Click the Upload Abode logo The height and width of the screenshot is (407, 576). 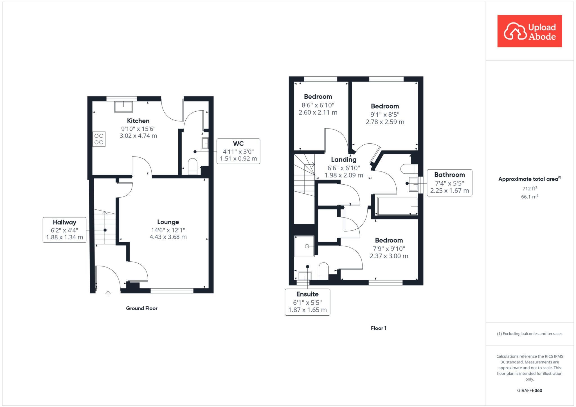pos(529,31)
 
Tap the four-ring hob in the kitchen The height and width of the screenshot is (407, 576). pos(99,139)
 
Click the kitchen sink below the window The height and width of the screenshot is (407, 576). pos(123,107)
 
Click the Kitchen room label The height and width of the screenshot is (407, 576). pos(138,121)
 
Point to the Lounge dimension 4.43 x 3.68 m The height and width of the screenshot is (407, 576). pos(168,237)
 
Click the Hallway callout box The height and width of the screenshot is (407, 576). pos(64,230)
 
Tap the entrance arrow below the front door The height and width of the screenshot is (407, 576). pos(108,294)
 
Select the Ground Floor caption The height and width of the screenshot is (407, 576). pos(141,308)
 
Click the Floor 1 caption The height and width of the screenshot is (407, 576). pos(379,328)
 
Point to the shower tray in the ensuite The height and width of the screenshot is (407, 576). pos(304,246)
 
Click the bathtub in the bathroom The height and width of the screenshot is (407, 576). pos(397,206)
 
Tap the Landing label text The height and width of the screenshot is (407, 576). pos(343,160)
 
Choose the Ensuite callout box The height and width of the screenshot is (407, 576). pos(307,302)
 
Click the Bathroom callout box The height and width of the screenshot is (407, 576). pos(449,183)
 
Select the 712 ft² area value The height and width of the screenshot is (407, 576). pos(529,189)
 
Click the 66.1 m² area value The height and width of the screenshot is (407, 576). pos(529,197)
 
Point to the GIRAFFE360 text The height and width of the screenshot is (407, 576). pos(529,390)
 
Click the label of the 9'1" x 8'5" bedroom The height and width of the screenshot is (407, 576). pos(385,106)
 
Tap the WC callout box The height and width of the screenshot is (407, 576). pos(238,151)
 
